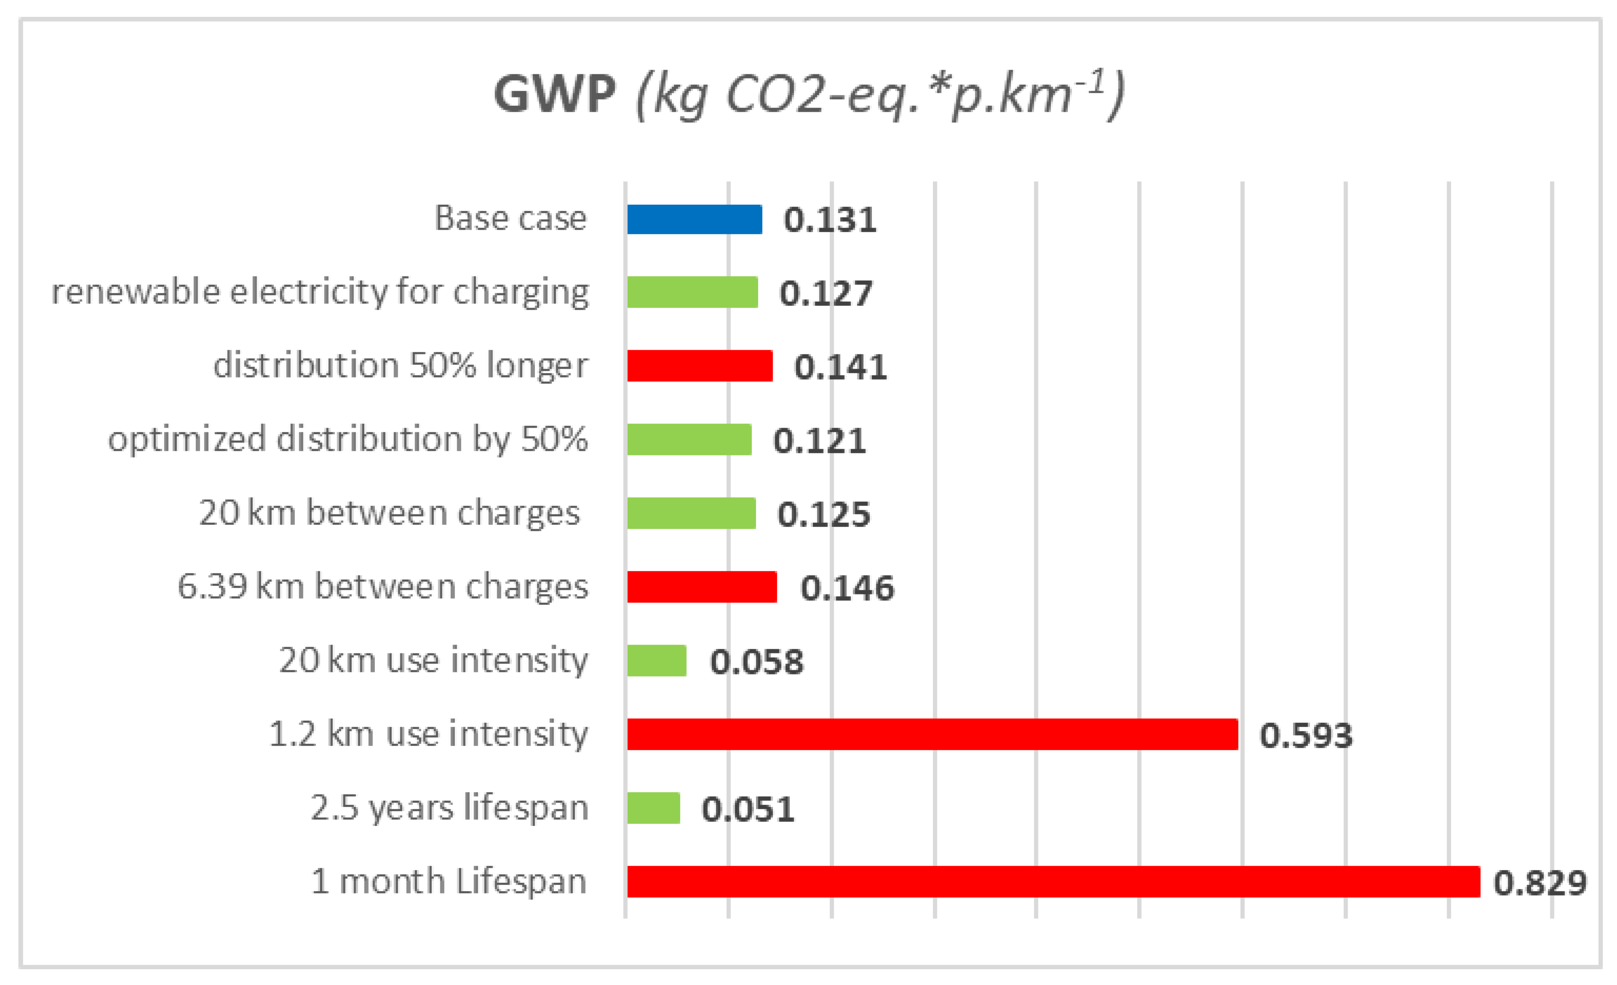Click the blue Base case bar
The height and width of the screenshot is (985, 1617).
695,219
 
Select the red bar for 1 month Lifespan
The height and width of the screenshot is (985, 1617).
1053,881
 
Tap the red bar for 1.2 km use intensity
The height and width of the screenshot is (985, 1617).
932,734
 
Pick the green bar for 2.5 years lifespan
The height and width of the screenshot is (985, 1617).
653,808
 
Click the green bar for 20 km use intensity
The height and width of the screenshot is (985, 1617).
656,661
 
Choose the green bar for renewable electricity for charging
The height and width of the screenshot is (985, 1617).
692,293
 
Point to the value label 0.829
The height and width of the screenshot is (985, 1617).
1540,883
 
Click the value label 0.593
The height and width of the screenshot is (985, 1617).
1305,735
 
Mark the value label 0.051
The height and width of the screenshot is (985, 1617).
748,809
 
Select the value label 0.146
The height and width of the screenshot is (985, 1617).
847,588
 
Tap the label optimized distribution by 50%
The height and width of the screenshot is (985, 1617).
348,440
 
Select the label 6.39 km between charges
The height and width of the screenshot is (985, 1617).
383,586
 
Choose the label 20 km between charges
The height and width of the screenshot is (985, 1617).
389,513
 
